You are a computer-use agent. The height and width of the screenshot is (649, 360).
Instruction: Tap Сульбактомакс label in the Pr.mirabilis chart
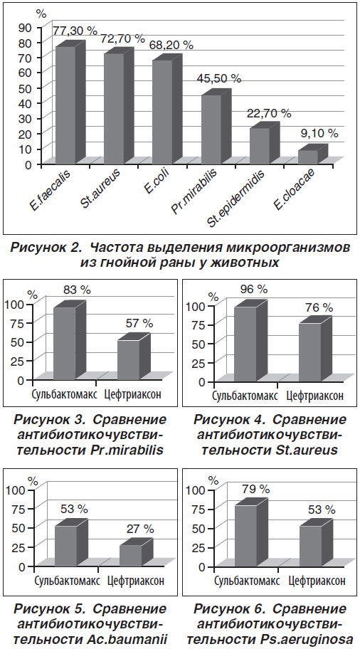pyautogui.click(x=65, y=394)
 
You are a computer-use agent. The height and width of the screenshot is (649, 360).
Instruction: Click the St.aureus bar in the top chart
pyautogui.click(x=114, y=109)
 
